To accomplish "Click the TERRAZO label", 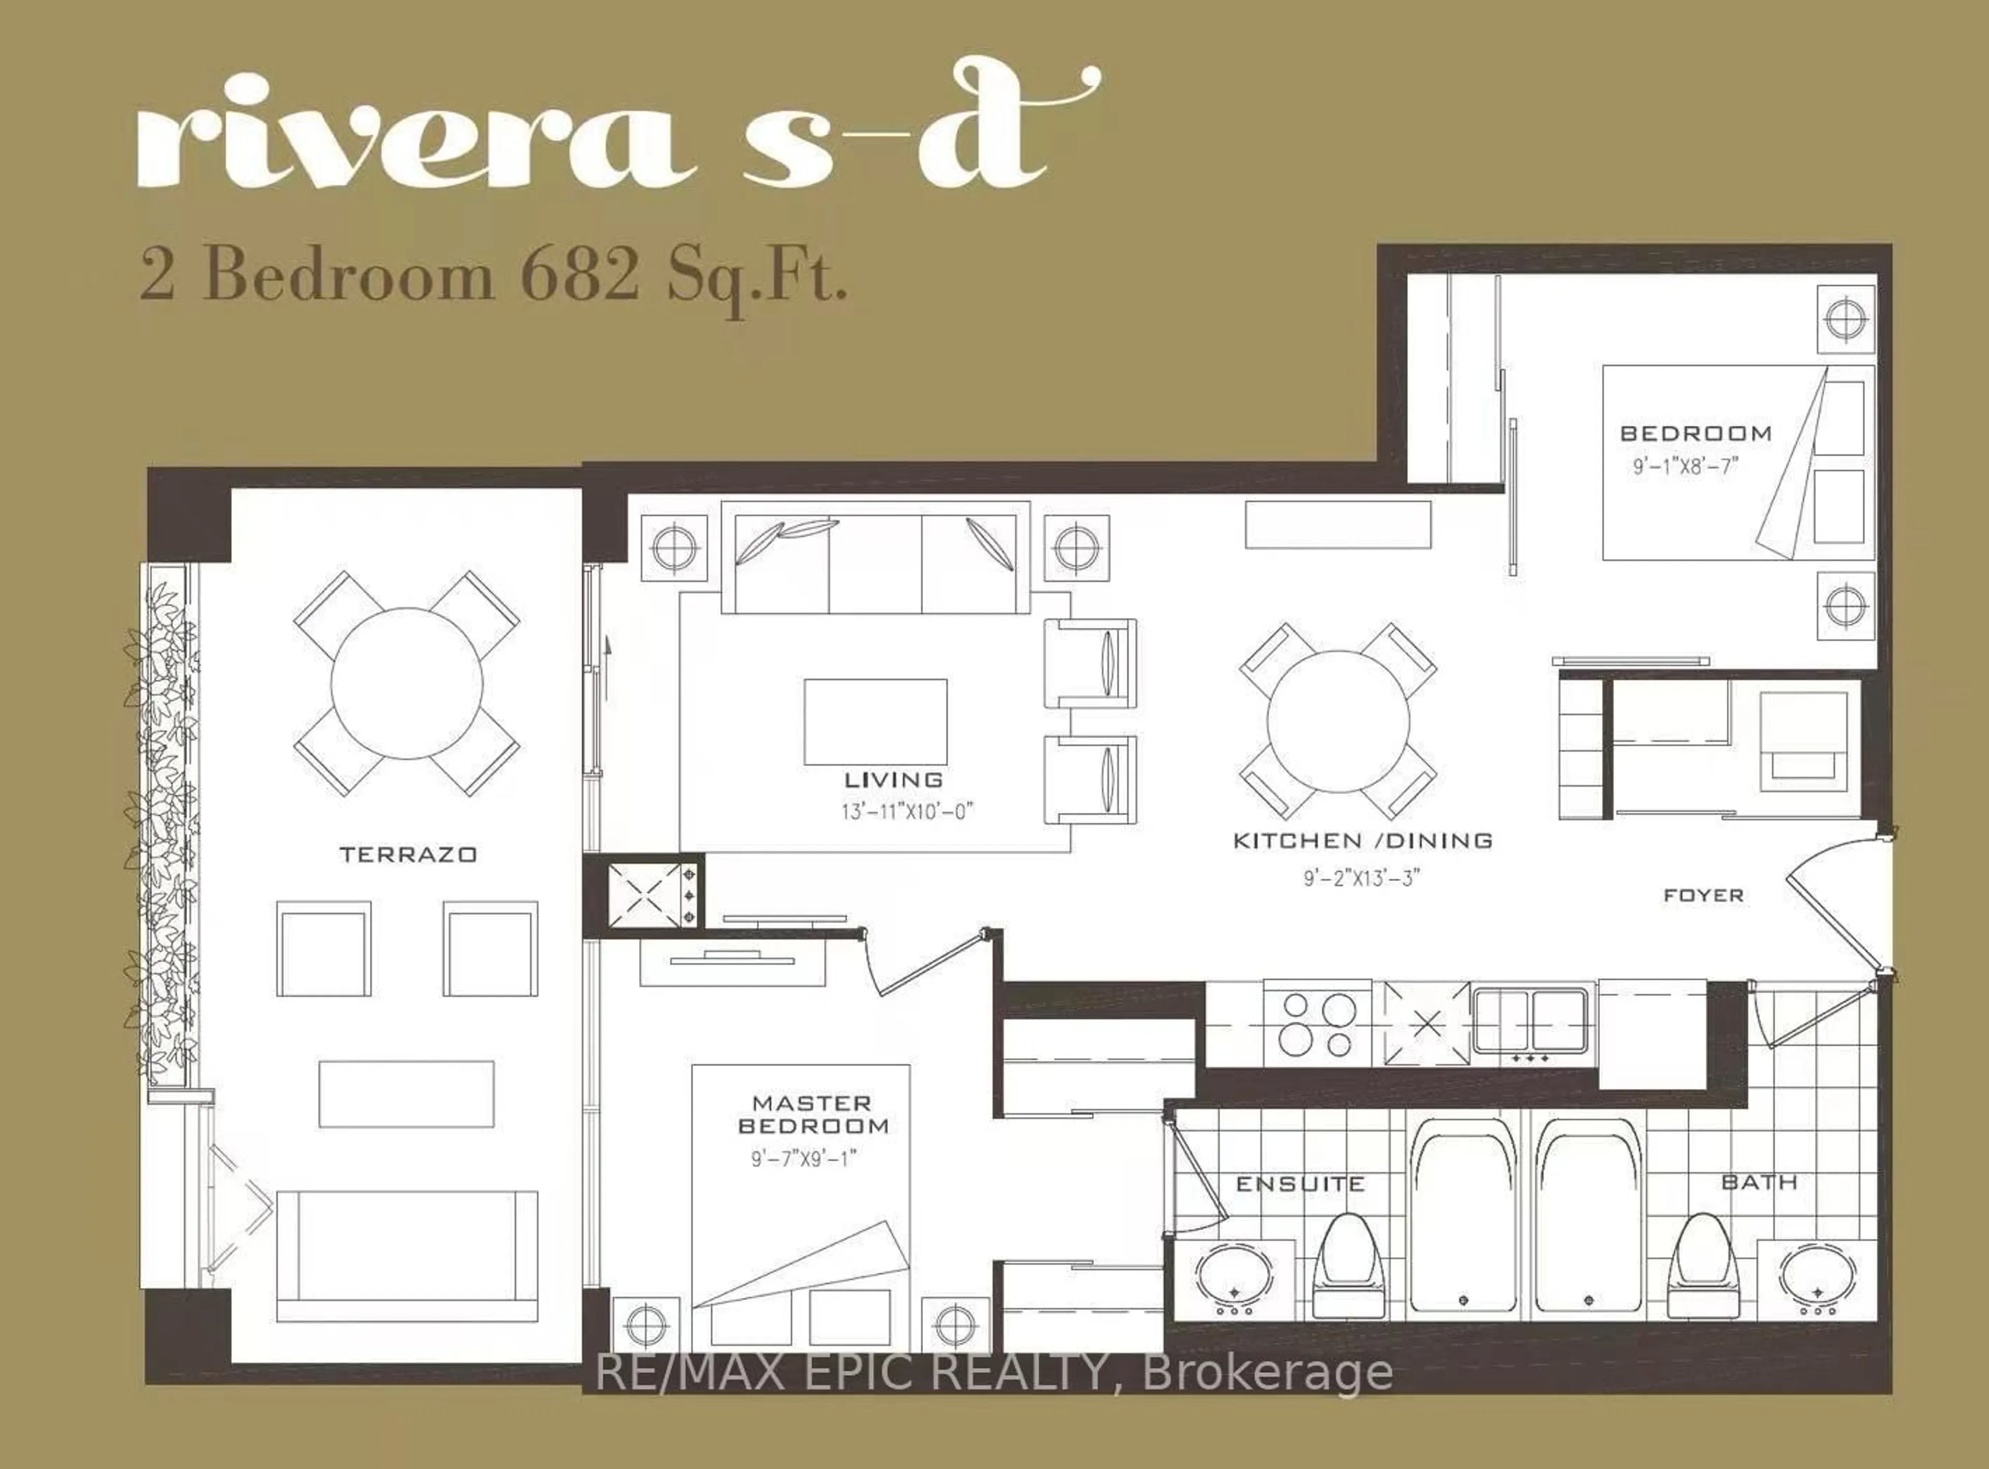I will point(408,855).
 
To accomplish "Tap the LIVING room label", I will point(893,780).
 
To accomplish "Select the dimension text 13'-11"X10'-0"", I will point(908,812).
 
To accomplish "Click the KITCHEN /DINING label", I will point(1362,840).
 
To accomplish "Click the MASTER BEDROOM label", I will point(813,1114).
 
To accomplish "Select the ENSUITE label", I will point(1300,1184).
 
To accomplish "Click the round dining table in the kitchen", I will point(1337,721).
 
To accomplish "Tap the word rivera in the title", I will point(413,134).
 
